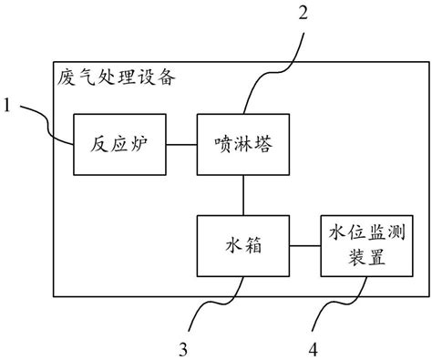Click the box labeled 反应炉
(x=120, y=145)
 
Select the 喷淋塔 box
(x=242, y=145)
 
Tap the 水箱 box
(x=242, y=245)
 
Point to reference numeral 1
(x=7, y=107)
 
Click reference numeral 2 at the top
(x=303, y=12)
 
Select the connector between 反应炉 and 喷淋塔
(x=181, y=145)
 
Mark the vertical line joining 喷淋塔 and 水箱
(x=242, y=195)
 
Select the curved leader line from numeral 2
(x=273, y=64)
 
